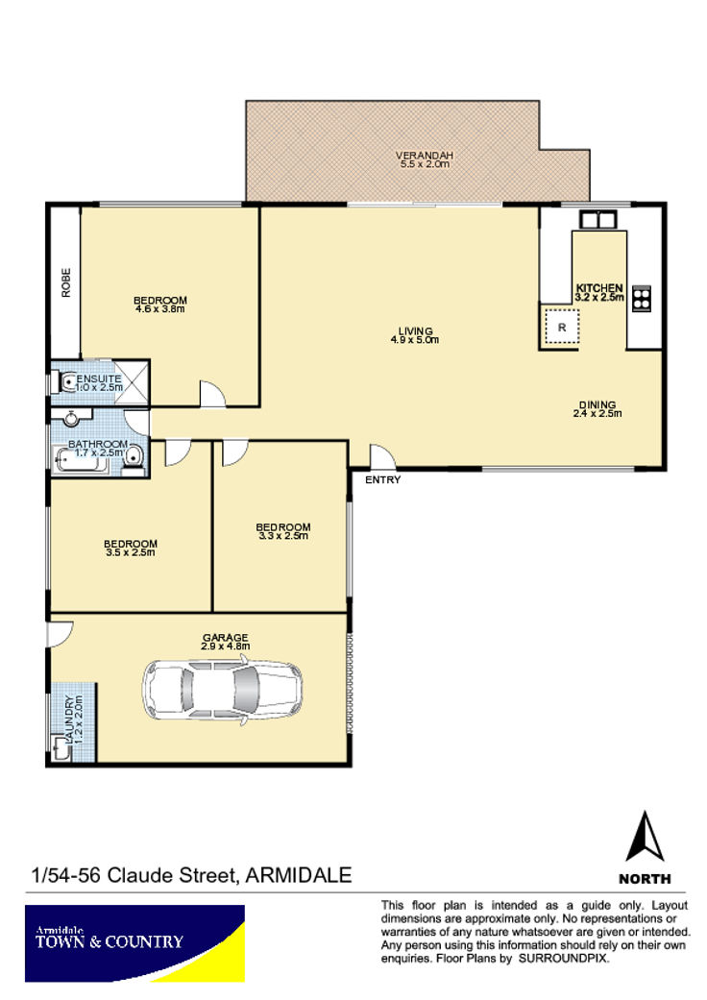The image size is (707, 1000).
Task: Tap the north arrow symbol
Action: click(645, 836)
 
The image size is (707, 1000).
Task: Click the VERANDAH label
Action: click(425, 155)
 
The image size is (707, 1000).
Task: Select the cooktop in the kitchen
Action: click(642, 299)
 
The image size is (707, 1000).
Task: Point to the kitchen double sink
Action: click(598, 220)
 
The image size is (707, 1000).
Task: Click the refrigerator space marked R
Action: click(562, 328)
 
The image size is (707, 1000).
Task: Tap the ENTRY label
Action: click(382, 479)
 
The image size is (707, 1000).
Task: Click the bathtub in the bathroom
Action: click(81, 460)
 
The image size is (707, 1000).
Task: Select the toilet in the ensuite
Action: click(66, 382)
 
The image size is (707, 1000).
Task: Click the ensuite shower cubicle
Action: click(132, 381)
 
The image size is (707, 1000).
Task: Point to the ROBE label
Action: click(65, 282)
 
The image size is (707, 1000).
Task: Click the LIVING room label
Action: click(416, 331)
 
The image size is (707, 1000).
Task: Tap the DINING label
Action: click(597, 404)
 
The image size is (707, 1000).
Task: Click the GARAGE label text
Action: click(225, 637)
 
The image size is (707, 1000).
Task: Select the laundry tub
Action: click(61, 747)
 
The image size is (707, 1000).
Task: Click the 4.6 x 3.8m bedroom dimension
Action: click(160, 309)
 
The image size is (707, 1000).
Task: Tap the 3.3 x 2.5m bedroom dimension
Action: click(283, 536)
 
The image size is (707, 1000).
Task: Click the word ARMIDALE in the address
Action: click(299, 874)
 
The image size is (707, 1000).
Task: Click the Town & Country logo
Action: click(134, 943)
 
